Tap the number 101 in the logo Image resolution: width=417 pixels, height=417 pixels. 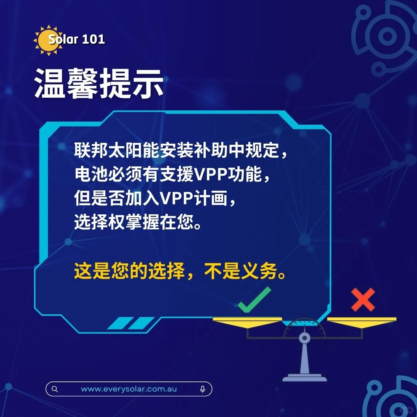coord(94,39)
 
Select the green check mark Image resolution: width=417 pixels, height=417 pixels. coord(254,300)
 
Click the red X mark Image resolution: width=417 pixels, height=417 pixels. coord(363,300)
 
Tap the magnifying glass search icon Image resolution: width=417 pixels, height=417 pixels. coord(55,389)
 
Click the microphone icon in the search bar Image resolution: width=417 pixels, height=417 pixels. coord(203,389)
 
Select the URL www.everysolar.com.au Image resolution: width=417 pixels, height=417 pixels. coord(129,389)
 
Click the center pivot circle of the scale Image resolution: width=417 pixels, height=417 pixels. coord(305,338)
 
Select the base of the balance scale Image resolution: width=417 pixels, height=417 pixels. coord(305,377)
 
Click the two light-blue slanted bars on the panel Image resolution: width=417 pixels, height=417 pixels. coord(131,323)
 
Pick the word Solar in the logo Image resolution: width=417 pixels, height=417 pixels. coord(63,39)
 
